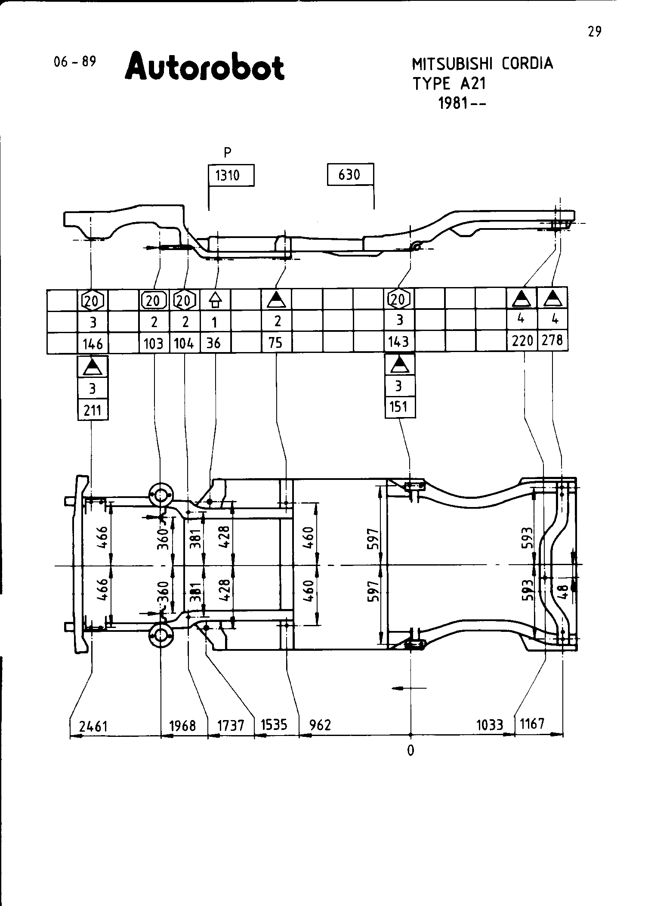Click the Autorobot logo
tap(204, 67)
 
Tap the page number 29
tap(594, 31)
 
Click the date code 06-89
tap(74, 62)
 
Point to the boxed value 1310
tap(231, 176)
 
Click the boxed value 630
tap(350, 174)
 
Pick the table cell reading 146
tap(93, 343)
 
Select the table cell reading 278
tap(552, 340)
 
